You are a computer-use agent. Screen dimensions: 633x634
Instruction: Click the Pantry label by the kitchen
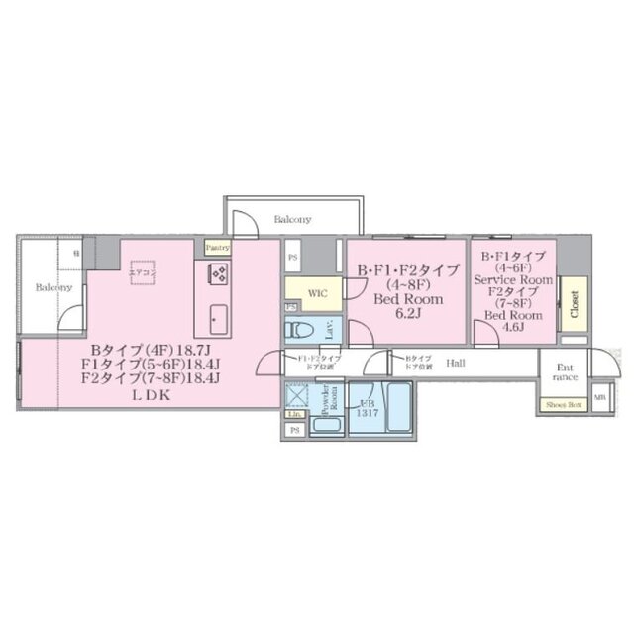pos(218,247)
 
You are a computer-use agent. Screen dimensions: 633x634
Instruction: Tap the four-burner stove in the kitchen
pos(218,273)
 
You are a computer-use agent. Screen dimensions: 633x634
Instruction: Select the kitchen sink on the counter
pos(217,320)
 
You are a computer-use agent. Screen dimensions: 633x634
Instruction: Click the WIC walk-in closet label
pos(317,293)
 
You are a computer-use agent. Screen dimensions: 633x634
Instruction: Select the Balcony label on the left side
pos(54,287)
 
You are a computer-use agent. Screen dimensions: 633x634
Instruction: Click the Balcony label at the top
pos(292,219)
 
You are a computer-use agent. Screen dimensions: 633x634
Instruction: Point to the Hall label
pos(457,364)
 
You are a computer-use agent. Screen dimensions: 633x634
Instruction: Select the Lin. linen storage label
pos(294,414)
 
